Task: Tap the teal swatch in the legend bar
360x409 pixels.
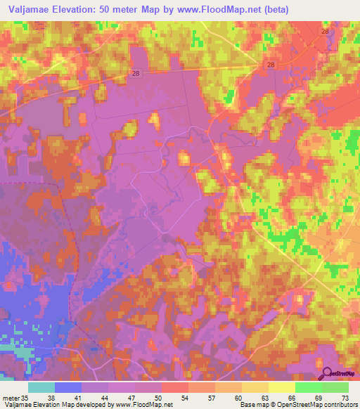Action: click(41, 387)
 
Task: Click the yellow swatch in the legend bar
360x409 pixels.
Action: click(281, 387)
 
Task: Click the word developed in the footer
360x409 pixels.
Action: click(87, 405)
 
